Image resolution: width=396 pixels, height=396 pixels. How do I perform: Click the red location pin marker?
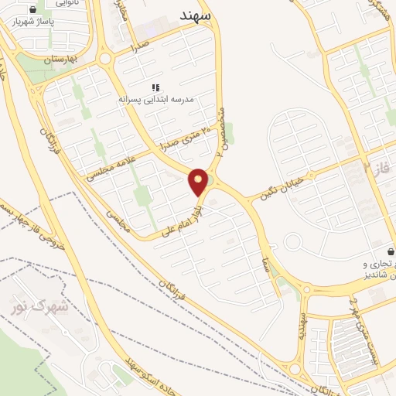pyautogui.click(x=199, y=182)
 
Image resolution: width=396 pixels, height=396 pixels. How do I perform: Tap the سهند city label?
pyautogui.click(x=200, y=15)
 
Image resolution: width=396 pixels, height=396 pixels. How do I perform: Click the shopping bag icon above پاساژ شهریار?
pyautogui.click(x=33, y=9)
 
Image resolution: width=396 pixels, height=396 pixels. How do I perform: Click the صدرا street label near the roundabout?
pyautogui.click(x=139, y=46)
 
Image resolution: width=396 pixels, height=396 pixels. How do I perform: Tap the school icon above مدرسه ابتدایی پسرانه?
pyautogui.click(x=154, y=88)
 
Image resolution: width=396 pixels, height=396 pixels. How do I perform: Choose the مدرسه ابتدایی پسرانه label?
pyautogui.click(x=154, y=100)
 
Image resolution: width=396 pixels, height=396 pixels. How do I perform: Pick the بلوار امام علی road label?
pyautogui.click(x=182, y=220)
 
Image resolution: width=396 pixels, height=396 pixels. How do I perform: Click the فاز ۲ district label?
pyautogui.click(x=379, y=167)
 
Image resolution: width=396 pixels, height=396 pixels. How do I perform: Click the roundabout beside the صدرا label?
pyautogui.click(x=104, y=58)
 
